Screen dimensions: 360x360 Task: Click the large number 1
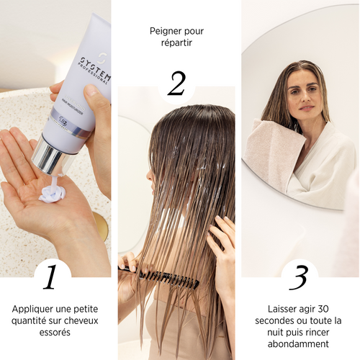[50, 277]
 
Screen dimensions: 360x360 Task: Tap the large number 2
[176, 84]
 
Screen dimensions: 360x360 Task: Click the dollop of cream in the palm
[53, 192]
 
